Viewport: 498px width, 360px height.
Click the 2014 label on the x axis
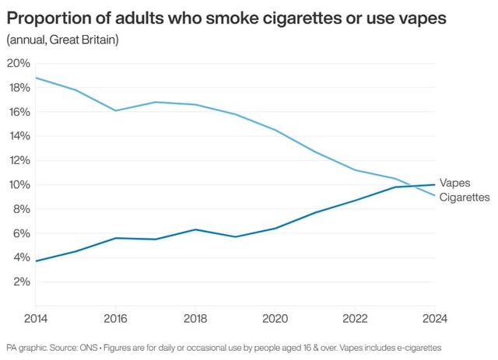pyautogui.click(x=35, y=318)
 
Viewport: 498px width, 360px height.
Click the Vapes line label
pyautogui.click(x=454, y=183)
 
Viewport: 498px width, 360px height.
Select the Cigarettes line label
pyautogui.click(x=465, y=197)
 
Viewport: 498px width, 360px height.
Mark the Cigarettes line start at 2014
pyautogui.click(x=36, y=78)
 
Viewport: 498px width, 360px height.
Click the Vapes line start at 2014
pyautogui.click(x=36, y=260)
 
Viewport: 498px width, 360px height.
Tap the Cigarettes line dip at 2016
pyautogui.click(x=115, y=110)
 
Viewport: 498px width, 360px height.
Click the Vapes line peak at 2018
pyautogui.click(x=195, y=229)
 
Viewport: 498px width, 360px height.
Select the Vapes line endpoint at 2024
pyautogui.click(x=433, y=184)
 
